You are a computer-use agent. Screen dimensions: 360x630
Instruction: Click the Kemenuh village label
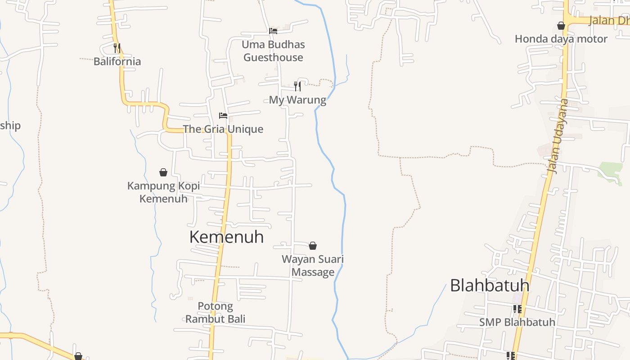(x=226, y=237)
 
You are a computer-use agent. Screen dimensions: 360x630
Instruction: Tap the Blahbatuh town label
(x=490, y=285)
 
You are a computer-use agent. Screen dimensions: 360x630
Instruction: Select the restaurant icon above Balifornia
(x=117, y=48)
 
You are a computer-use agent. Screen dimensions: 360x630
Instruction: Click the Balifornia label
(x=117, y=62)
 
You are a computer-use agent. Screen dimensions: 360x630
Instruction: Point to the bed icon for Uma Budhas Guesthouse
(x=273, y=31)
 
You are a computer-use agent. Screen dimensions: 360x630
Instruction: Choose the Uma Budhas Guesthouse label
(x=273, y=51)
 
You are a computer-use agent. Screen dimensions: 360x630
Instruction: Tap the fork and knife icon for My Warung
(x=297, y=86)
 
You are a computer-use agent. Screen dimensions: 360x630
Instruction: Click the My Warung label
(x=297, y=100)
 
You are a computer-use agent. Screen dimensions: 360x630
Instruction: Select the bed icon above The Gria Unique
(x=223, y=116)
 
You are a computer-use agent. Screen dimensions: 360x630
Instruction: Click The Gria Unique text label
(x=223, y=129)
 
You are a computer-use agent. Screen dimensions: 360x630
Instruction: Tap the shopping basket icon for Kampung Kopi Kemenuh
(x=163, y=172)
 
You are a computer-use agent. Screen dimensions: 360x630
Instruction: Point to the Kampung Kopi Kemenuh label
(x=163, y=192)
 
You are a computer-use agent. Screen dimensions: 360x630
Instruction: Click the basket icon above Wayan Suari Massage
(x=313, y=246)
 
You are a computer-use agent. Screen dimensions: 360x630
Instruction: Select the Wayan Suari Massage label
(x=313, y=265)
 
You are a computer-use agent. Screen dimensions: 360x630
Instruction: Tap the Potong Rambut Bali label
(x=216, y=313)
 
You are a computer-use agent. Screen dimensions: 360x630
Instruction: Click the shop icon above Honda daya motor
(x=561, y=26)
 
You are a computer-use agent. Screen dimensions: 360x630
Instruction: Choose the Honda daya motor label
(x=561, y=39)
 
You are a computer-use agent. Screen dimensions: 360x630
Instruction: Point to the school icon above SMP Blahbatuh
(x=517, y=309)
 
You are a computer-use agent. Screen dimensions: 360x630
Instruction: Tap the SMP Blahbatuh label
(x=517, y=323)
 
